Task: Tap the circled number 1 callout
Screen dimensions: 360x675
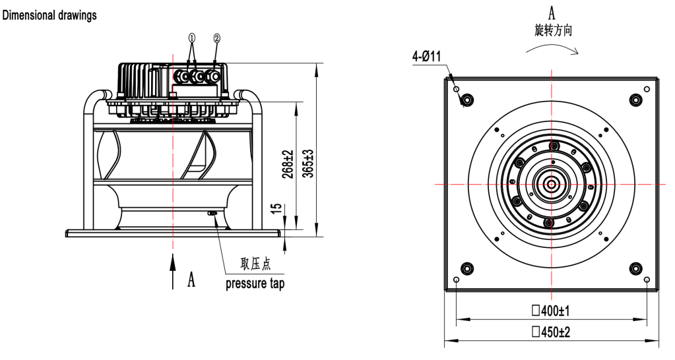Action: (191, 38)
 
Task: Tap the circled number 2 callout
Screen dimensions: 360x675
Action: (216, 38)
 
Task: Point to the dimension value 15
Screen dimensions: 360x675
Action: (278, 209)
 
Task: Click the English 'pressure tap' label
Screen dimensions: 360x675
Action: (255, 284)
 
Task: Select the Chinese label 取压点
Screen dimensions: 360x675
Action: (255, 265)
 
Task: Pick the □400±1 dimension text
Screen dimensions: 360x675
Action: (552, 310)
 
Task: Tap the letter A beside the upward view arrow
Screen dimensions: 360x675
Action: (191, 281)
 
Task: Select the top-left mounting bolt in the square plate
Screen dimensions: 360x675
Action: (466, 100)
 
